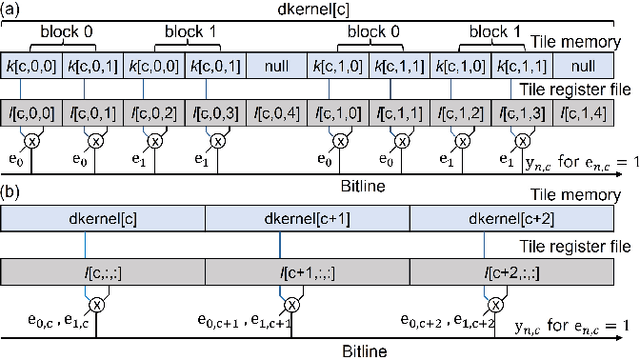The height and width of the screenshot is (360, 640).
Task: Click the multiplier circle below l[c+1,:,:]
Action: click(x=292, y=304)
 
